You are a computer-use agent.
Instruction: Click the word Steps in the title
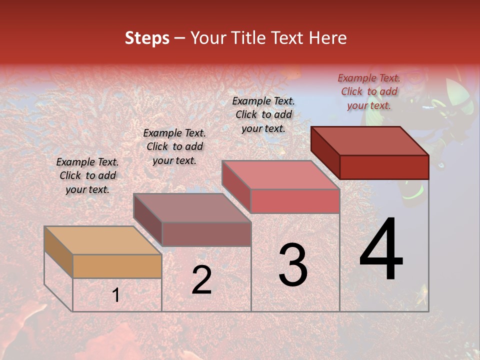click(x=147, y=38)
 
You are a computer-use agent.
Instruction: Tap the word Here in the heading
click(x=327, y=38)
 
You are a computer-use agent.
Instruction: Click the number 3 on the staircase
click(x=293, y=265)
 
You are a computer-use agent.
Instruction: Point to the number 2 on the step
click(x=201, y=280)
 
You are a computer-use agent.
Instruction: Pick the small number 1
click(x=115, y=295)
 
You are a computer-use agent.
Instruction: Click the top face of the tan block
click(x=102, y=240)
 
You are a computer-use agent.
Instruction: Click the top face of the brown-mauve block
click(x=192, y=208)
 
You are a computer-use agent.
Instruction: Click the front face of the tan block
click(x=117, y=266)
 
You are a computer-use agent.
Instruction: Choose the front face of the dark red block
click(x=384, y=167)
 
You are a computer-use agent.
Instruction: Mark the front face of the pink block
click(x=295, y=201)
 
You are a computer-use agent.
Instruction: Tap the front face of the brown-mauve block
click(x=206, y=234)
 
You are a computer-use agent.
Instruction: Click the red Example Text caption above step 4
click(x=369, y=91)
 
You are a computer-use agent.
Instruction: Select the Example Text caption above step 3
click(x=263, y=114)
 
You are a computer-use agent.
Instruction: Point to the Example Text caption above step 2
click(x=174, y=146)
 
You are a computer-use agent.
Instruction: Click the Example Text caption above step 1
click(x=87, y=175)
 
